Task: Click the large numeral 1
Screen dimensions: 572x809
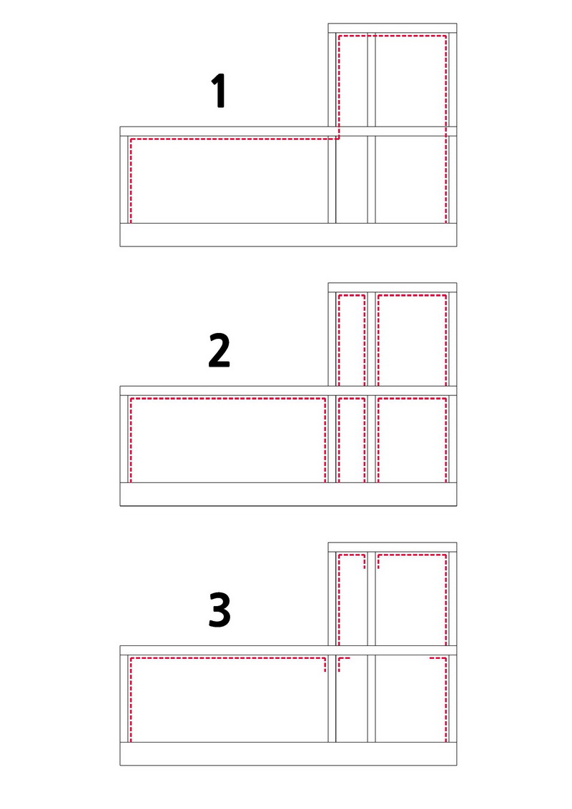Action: (x=220, y=90)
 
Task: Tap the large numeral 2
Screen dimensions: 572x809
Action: (x=219, y=350)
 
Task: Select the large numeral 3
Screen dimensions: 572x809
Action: (x=220, y=610)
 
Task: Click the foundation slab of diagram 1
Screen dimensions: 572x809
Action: (x=288, y=234)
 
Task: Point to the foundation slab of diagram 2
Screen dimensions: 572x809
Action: (x=288, y=495)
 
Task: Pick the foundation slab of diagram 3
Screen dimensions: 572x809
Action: (x=288, y=754)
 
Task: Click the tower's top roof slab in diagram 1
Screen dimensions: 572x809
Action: (x=393, y=29)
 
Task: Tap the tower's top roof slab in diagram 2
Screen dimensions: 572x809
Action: (x=393, y=288)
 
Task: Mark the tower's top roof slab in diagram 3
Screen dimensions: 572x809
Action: (x=393, y=547)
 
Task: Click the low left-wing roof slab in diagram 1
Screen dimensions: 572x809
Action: (x=224, y=131)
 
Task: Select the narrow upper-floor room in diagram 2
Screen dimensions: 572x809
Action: (x=352, y=339)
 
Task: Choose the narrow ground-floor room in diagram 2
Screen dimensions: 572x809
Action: (x=352, y=439)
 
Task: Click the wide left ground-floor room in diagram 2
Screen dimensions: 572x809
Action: (x=227, y=439)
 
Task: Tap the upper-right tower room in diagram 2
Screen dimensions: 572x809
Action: (x=412, y=339)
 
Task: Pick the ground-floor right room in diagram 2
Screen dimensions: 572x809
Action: (x=412, y=439)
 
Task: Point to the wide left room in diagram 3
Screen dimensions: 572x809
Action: (x=227, y=699)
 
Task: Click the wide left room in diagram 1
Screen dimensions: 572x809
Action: (x=227, y=179)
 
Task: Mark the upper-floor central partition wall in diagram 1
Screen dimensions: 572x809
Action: (x=371, y=80)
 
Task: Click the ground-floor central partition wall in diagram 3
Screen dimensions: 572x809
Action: (x=371, y=699)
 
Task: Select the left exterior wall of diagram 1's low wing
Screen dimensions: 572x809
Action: (x=124, y=179)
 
